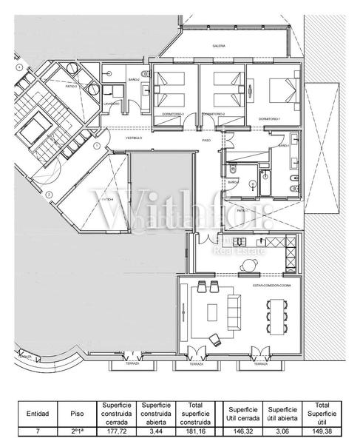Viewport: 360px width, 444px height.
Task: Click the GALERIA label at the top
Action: click(x=219, y=46)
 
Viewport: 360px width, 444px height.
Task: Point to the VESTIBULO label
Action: click(x=133, y=138)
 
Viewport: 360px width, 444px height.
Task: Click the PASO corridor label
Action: click(x=207, y=141)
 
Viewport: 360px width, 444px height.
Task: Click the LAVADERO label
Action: click(x=112, y=104)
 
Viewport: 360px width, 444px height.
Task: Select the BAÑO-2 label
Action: click(x=134, y=79)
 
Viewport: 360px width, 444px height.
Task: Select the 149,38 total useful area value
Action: click(x=322, y=428)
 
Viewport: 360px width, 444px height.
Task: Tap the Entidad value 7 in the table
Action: click(x=37, y=428)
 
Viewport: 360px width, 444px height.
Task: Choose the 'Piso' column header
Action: click(x=78, y=414)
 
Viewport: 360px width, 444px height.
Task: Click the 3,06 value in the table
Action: click(x=282, y=428)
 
